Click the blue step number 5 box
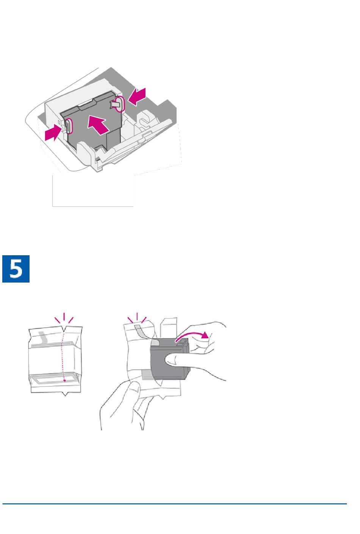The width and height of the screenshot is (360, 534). tap(16, 269)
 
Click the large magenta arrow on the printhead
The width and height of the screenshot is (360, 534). tap(99, 125)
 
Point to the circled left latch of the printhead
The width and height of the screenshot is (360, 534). tap(68, 125)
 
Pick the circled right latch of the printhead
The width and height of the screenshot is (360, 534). tap(121, 104)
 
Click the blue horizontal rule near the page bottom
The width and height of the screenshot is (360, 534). tap(175, 504)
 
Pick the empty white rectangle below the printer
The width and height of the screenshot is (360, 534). tap(93, 191)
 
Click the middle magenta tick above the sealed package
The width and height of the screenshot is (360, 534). tap(64, 317)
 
